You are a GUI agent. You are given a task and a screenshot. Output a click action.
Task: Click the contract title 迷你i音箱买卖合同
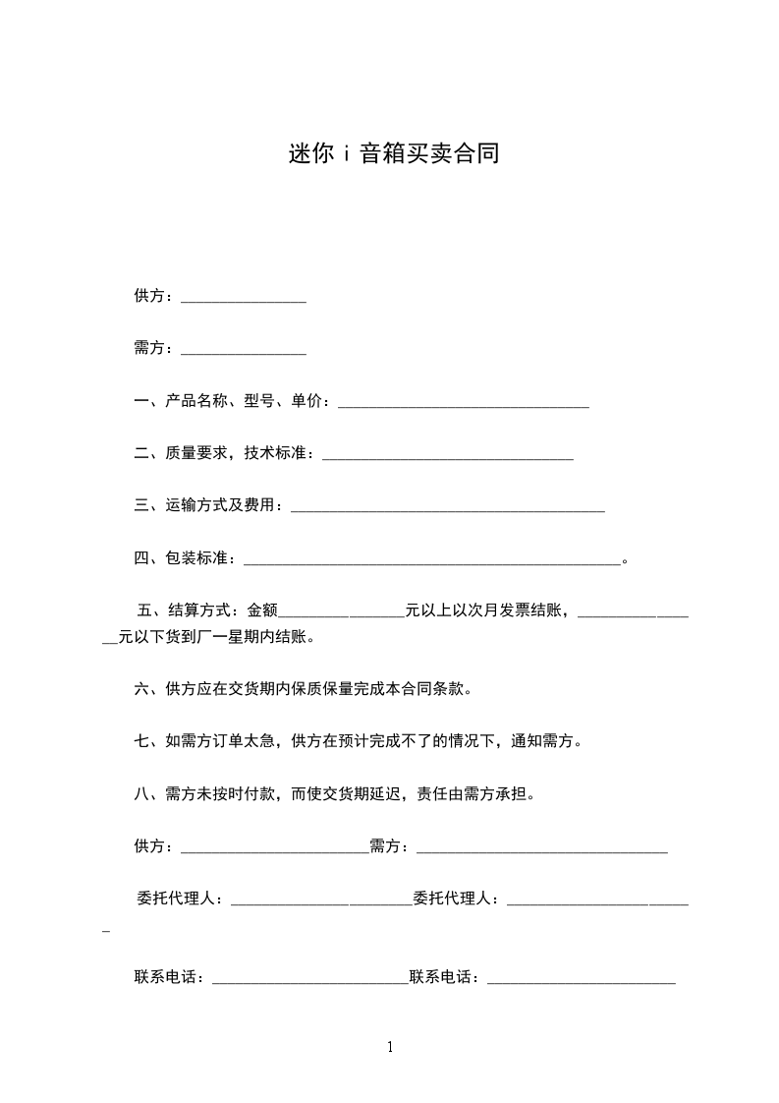[394, 154]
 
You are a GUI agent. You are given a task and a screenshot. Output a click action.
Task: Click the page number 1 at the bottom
[390, 1048]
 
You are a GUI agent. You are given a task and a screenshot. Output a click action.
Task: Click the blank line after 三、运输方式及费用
[448, 509]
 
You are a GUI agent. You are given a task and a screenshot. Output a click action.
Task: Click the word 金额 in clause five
[262, 610]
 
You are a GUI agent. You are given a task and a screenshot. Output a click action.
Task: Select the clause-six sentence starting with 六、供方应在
[304, 689]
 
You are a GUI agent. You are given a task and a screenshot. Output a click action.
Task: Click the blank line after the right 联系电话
[581, 981]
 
